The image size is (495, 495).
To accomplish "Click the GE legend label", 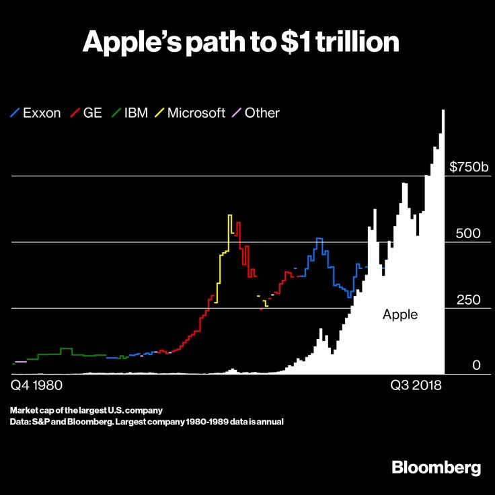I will [92, 113].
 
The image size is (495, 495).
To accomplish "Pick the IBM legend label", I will [137, 113].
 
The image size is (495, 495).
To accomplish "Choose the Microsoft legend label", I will [196, 113].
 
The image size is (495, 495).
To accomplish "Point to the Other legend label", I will [262, 113].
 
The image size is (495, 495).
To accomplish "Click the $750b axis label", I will [468, 167].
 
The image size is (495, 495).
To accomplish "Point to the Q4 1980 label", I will [38, 387].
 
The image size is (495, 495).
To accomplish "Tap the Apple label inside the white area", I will [400, 314].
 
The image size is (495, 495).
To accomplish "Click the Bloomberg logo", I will [436, 468].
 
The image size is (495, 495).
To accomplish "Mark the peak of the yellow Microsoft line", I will [230, 215].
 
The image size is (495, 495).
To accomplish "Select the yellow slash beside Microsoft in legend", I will [160, 113].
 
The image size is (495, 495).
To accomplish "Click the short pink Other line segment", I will [20, 362].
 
